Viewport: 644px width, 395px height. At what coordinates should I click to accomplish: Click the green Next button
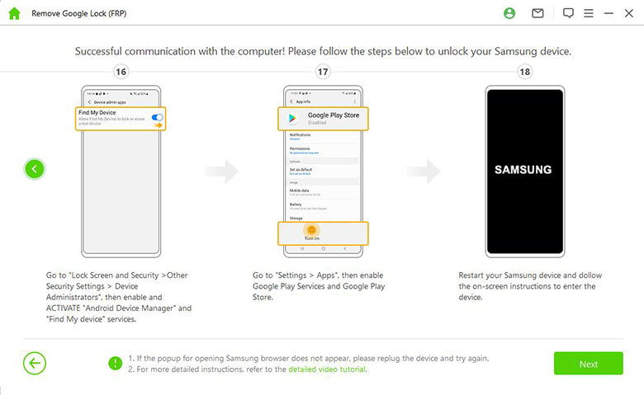tap(588, 364)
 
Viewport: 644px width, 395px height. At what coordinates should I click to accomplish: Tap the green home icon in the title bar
tap(14, 13)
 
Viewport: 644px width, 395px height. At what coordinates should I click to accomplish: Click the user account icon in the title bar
tap(509, 13)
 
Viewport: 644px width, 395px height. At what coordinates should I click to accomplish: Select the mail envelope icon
tap(537, 13)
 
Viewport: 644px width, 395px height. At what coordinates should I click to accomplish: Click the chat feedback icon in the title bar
tap(568, 13)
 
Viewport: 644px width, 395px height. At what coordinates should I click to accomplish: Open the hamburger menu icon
tap(588, 13)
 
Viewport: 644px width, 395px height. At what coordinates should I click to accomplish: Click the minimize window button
tap(608, 13)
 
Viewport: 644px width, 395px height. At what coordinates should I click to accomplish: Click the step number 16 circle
tap(121, 72)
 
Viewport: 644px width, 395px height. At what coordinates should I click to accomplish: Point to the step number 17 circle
tap(323, 72)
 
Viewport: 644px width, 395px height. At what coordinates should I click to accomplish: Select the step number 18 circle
tap(524, 72)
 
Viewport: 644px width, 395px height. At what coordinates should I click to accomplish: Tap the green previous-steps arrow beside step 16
tap(34, 169)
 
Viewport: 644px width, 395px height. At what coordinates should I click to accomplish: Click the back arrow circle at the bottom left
tap(35, 364)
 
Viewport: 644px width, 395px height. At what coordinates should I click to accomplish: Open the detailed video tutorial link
tap(327, 369)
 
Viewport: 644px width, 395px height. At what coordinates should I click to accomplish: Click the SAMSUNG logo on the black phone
tap(523, 170)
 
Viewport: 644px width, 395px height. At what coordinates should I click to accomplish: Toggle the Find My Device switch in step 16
tap(158, 118)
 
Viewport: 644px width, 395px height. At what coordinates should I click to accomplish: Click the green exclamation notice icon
tap(116, 364)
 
